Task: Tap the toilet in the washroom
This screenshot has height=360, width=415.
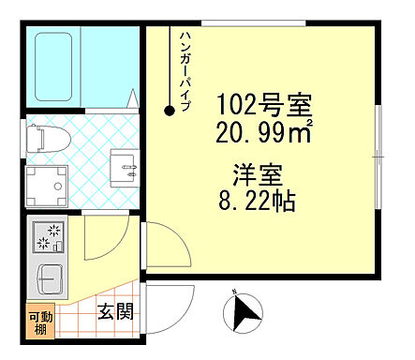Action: tap(46, 138)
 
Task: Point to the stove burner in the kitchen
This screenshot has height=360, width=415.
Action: tap(46, 239)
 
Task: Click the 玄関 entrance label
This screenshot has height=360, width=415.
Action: tap(115, 310)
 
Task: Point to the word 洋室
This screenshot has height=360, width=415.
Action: tap(254, 174)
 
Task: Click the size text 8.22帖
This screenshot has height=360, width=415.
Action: tap(255, 201)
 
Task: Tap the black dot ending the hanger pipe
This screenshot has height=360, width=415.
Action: tap(170, 111)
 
